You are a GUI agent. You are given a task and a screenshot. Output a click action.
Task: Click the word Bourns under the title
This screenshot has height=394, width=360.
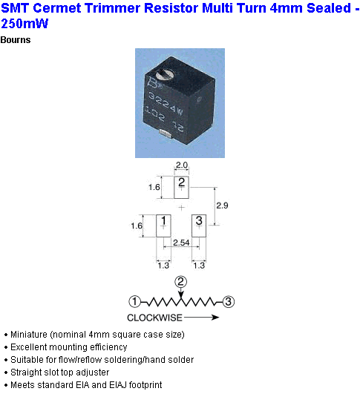(16, 40)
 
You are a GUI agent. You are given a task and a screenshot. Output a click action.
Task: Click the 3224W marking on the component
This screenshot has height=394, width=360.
(166, 104)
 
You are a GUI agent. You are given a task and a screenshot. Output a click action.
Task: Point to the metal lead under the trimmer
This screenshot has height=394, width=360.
(166, 134)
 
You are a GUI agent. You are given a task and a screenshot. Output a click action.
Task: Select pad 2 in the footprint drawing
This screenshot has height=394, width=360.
(181, 187)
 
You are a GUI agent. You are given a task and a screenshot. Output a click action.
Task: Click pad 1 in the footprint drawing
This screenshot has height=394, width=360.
(163, 226)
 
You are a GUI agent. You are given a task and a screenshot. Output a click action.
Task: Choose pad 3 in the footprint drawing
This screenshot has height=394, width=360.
(199, 226)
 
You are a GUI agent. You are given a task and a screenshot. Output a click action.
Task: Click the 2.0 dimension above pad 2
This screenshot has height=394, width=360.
(182, 165)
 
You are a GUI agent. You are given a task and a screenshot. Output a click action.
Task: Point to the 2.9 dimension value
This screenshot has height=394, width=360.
(222, 206)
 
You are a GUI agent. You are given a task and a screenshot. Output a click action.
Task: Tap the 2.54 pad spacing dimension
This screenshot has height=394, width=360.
(181, 243)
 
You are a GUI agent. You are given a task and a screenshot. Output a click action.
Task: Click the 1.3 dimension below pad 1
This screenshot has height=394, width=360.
(163, 266)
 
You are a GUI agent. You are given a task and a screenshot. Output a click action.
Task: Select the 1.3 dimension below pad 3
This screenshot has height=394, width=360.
(199, 266)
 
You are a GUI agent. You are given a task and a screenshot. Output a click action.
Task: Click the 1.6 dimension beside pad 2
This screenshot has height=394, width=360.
(154, 187)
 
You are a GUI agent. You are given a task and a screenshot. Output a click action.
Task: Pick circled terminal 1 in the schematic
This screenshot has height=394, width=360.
(135, 301)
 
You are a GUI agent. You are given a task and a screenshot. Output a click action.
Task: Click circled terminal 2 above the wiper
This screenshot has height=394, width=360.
(181, 282)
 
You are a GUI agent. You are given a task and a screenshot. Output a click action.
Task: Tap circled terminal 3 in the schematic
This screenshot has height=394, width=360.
(229, 301)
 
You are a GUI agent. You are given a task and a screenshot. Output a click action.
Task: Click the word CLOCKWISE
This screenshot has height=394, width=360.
(154, 318)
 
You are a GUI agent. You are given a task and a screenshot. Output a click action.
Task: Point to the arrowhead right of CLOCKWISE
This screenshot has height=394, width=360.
(215, 318)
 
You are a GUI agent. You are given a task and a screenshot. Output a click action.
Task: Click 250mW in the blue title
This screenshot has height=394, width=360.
(24, 24)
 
